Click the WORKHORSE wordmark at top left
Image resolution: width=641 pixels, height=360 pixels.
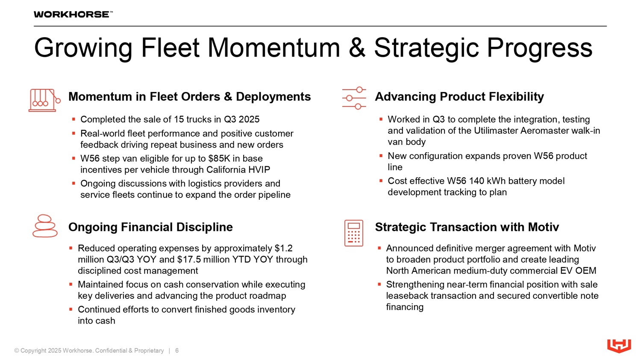[73, 14]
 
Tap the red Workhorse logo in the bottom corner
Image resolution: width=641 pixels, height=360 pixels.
[619, 346]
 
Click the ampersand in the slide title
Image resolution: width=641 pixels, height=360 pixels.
[357, 48]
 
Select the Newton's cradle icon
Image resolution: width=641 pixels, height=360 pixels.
[44, 100]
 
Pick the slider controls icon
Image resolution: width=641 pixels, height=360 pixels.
[354, 98]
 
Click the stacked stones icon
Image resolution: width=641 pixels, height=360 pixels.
[45, 226]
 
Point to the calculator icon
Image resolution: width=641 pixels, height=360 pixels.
[354, 233]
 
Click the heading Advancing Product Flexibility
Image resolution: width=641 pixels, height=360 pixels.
[459, 97]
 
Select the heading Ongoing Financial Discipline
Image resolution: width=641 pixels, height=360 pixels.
[150, 227]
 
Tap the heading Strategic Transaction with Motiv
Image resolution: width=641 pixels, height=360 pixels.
[467, 227]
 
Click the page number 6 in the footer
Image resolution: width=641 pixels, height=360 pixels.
[177, 351]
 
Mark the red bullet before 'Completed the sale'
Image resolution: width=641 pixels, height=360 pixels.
[74, 119]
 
